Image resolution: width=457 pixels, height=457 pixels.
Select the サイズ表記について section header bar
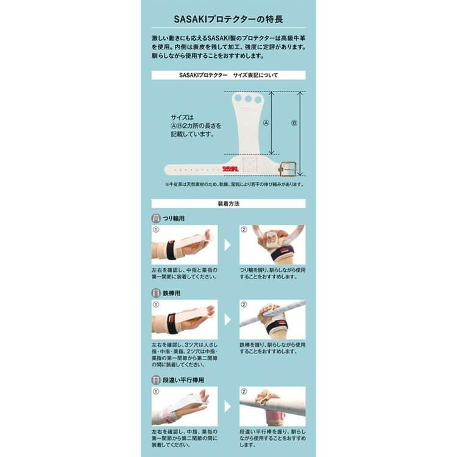pyautogui.click(x=228, y=75)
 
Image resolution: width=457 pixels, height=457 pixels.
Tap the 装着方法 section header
pyautogui.click(x=228, y=204)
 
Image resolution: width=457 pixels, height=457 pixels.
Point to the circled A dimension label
pyautogui.click(x=266, y=122)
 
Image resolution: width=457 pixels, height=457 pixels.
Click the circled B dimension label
pyautogui.click(x=294, y=122)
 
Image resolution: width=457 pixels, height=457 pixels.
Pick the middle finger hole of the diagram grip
pyautogui.click(x=247, y=99)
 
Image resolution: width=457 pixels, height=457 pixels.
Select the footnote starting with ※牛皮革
pyautogui.click(x=234, y=184)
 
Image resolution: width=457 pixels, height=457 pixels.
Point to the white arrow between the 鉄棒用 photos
pyautogui.click(x=228, y=319)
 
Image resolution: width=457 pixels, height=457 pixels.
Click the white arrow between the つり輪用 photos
pyautogui.click(x=228, y=245)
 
